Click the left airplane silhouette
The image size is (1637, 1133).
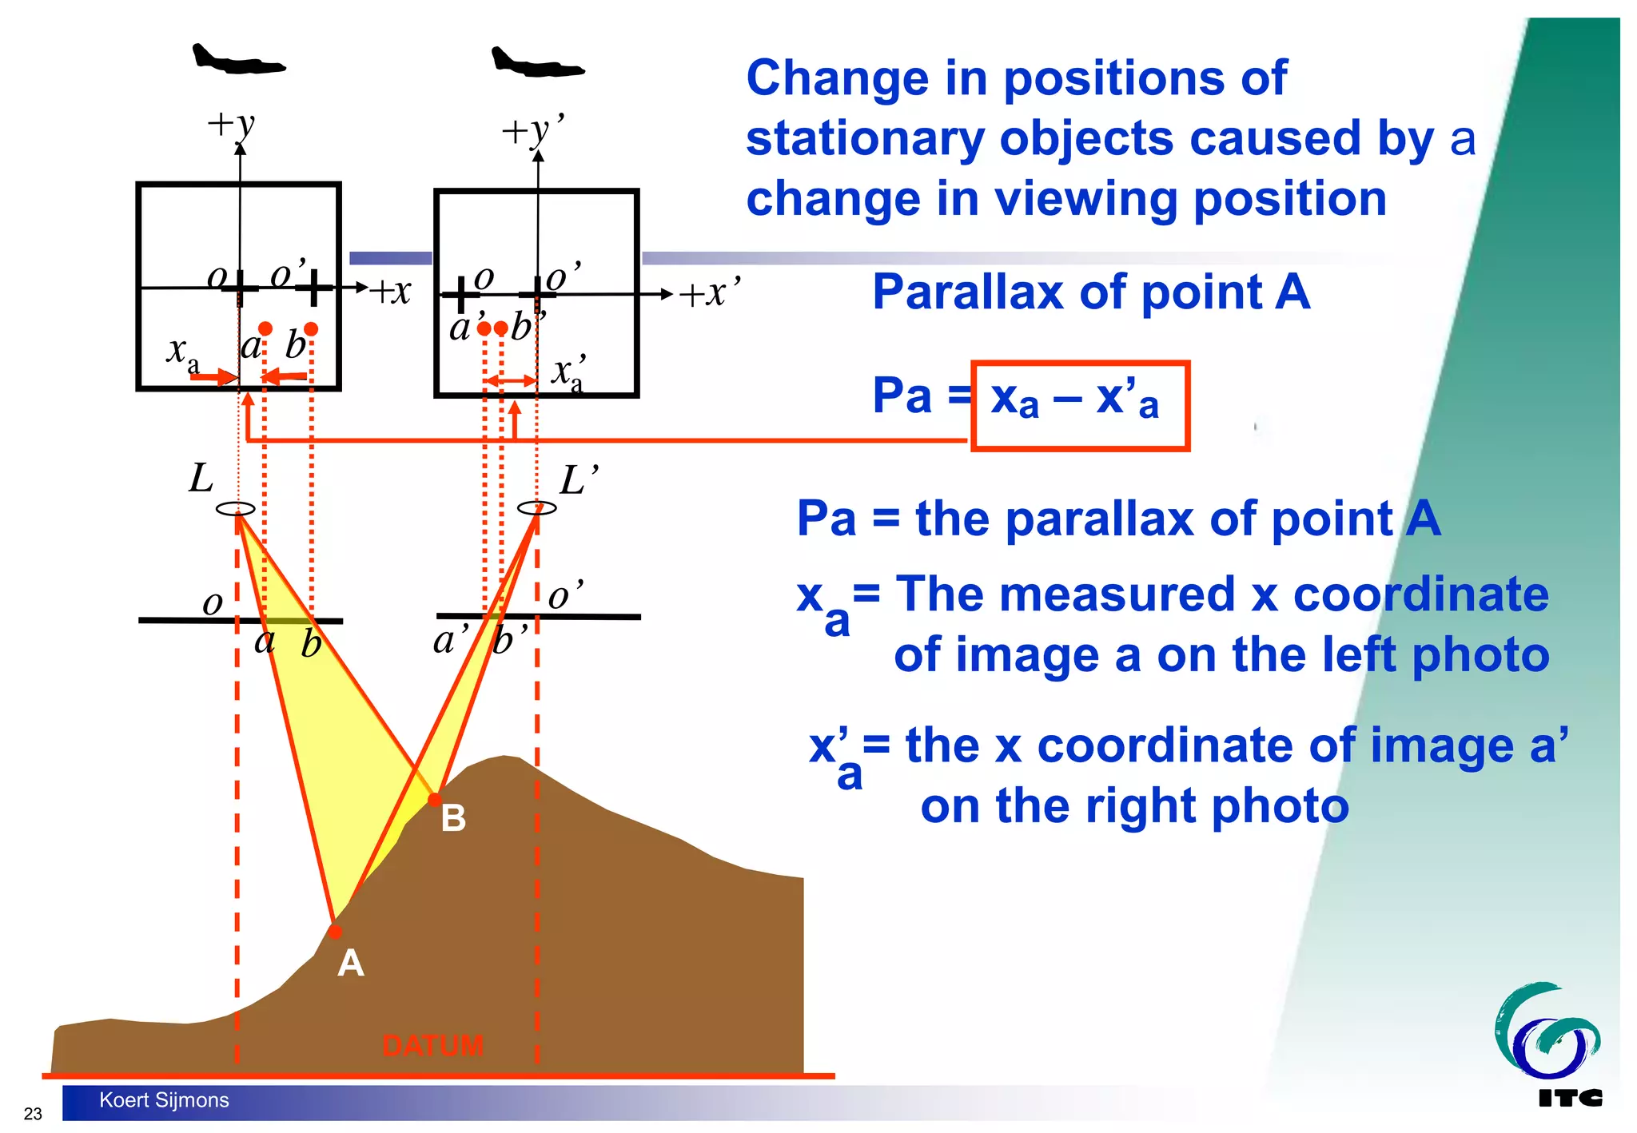pos(237,61)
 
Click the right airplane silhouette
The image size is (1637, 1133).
pos(536,63)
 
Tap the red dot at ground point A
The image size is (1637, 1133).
pos(335,932)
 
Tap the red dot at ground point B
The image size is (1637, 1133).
pos(435,799)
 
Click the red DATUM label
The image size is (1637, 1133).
pos(432,1045)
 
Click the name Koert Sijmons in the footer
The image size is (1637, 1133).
pos(164,1100)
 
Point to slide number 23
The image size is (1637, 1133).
pos(33,1114)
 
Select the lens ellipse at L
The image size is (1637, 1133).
pos(236,509)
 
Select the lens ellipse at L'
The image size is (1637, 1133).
pos(536,507)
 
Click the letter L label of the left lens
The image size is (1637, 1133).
pos(201,479)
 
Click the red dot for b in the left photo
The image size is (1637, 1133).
pos(311,329)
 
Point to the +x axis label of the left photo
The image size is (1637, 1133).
pos(390,291)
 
